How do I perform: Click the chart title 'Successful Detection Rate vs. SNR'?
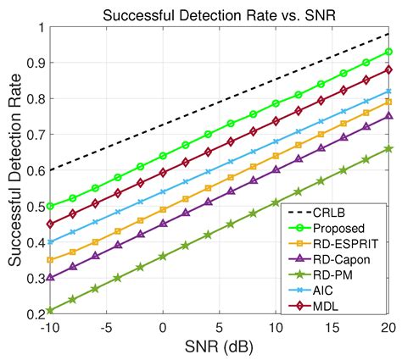tap(219, 15)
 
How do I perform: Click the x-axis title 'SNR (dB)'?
tap(219, 347)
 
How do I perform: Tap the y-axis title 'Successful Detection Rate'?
tap(15, 170)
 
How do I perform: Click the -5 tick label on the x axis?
tap(106, 328)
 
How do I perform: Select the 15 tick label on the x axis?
tap(332, 328)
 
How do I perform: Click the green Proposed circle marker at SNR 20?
tap(388, 52)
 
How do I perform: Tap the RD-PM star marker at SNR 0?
tap(163, 257)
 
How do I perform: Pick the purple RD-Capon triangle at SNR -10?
tap(50, 277)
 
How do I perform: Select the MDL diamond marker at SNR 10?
tap(276, 121)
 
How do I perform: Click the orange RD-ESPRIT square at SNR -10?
tap(50, 260)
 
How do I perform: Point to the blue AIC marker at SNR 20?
tap(388, 91)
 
